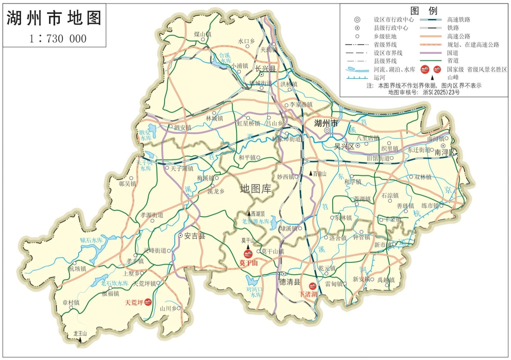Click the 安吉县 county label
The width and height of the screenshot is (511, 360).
coord(195,236)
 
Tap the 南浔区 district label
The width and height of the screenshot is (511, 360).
coord(446,152)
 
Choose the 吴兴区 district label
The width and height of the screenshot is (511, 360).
coord(344,146)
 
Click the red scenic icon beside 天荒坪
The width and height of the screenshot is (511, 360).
coord(148,302)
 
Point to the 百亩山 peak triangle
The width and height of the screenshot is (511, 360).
coord(310,174)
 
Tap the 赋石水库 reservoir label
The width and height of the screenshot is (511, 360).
coord(91,240)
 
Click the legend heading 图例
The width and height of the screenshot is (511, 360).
coord(424,10)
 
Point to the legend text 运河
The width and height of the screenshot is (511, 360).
coord(379,78)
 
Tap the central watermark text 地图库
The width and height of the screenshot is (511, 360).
coord(256,189)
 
